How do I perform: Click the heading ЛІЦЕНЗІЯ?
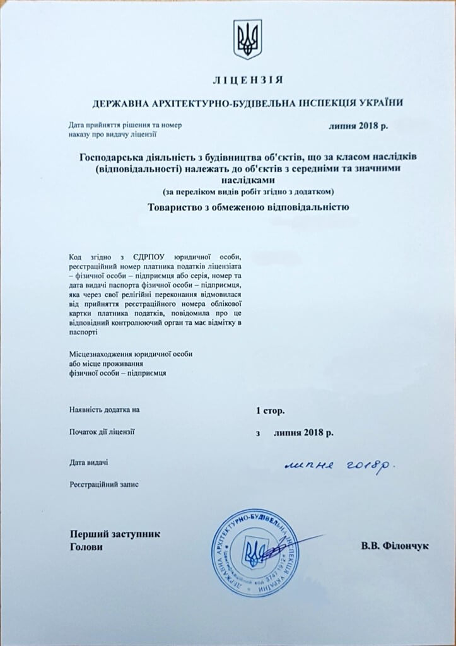(247, 80)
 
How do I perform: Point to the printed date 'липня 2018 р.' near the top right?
(358, 126)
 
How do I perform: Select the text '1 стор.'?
(270, 410)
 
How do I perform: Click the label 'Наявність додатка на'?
(105, 410)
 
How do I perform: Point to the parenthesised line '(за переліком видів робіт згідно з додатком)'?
(247, 191)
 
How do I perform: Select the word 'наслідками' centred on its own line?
(247, 180)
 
